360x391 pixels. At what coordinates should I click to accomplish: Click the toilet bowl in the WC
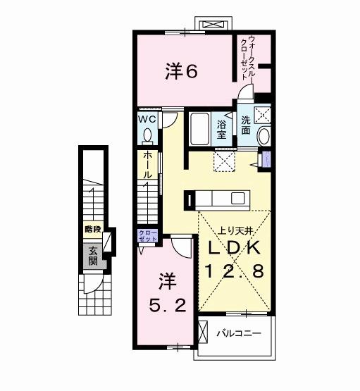(x=147, y=133)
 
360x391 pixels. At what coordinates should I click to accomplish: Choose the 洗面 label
(x=246, y=125)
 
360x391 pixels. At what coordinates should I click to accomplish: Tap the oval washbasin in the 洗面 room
(x=263, y=135)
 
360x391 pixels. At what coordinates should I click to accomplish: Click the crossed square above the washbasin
(x=264, y=115)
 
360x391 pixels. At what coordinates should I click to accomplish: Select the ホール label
(x=147, y=164)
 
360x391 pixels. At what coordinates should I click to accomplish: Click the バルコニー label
(x=239, y=332)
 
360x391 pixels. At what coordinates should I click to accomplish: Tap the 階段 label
(x=92, y=229)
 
